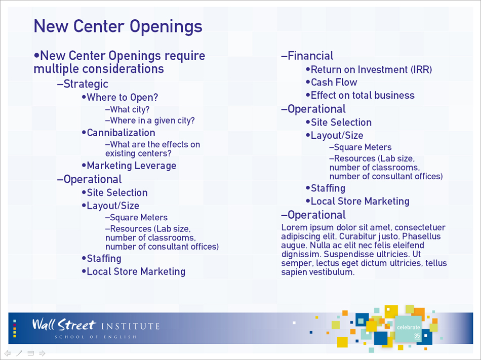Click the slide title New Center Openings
click(118, 26)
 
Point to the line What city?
click(127, 109)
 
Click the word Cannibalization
click(121, 133)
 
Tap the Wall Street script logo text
click(64, 325)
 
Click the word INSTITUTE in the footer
click(130, 326)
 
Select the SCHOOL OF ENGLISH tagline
click(95, 337)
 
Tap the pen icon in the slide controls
click(19, 353)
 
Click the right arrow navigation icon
click(43, 353)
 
